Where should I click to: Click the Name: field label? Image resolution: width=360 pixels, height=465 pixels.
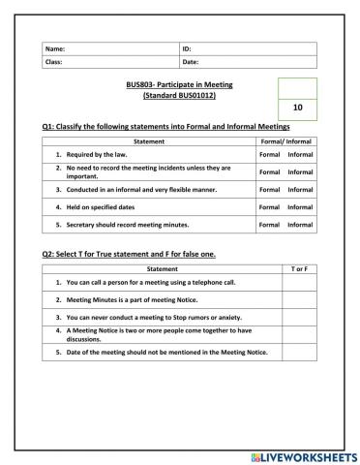[x=55, y=47]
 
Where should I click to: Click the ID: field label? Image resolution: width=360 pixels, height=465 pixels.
[x=188, y=47]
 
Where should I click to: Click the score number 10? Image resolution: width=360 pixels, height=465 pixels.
[x=296, y=110]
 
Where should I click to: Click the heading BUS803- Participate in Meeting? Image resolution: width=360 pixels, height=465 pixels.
[x=180, y=85]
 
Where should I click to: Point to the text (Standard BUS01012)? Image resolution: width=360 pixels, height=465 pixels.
[x=180, y=96]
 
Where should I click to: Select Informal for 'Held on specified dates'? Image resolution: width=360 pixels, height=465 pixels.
[x=300, y=206]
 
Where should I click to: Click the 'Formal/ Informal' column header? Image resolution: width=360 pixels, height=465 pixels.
[x=285, y=141]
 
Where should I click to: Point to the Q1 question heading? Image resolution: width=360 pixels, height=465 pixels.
[x=165, y=127]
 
